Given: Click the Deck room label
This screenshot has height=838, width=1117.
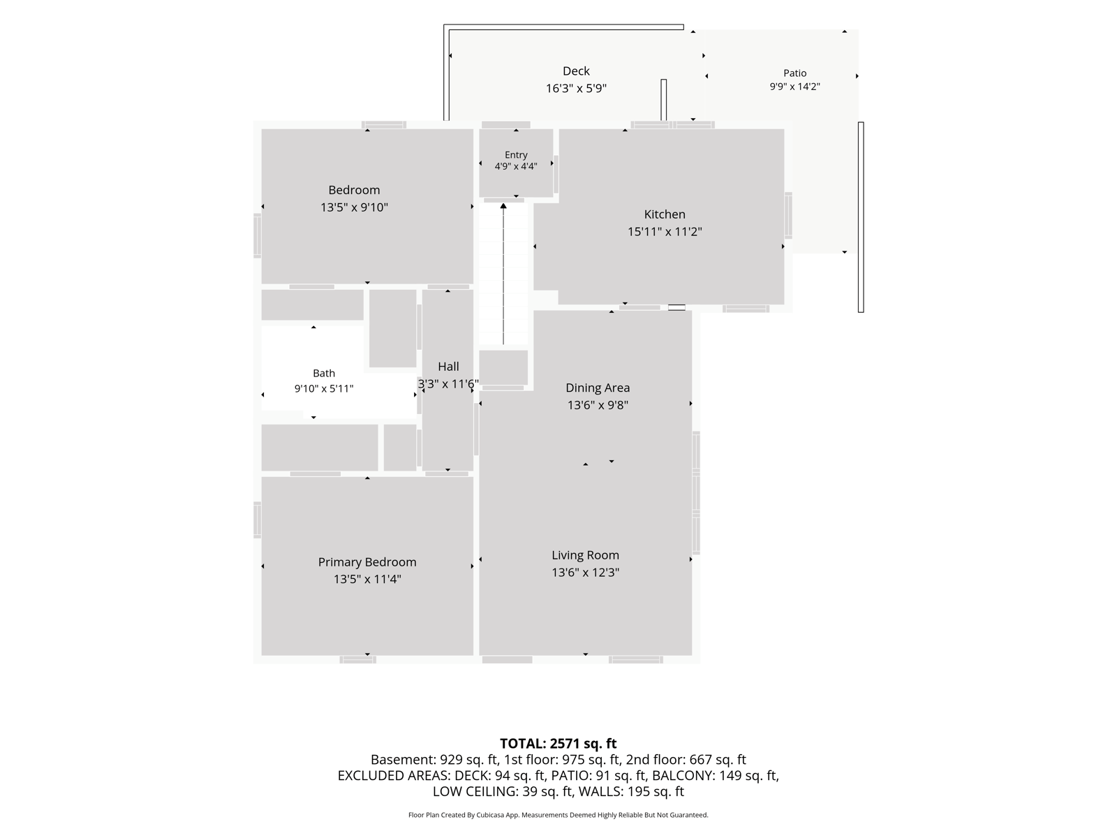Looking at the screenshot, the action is point(575,71).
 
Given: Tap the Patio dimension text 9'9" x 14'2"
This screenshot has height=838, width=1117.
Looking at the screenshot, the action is point(794,87).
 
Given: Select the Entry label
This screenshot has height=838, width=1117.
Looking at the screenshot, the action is point(515,154).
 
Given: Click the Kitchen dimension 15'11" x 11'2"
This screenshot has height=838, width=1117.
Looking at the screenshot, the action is point(664,232).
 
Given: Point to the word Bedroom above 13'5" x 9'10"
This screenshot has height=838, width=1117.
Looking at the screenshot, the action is point(354,190).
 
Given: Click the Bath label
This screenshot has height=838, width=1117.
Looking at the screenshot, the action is point(324,373).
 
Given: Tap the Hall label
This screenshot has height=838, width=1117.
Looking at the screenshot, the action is point(447,367).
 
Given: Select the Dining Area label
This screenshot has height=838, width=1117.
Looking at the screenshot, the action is point(598,388).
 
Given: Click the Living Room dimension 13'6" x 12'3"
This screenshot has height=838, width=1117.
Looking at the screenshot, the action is point(585,573).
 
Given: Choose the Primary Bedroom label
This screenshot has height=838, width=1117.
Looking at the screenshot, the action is point(367,561).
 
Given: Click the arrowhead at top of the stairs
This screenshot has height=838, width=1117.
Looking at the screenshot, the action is point(503,206).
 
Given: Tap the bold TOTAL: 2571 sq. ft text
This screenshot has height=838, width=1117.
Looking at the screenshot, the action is point(558,743).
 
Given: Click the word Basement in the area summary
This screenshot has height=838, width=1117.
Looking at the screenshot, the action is point(403,759).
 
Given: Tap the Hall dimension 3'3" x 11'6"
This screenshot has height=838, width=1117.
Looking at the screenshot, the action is point(447,383).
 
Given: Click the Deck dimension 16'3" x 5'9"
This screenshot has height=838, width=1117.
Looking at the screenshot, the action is point(576,89).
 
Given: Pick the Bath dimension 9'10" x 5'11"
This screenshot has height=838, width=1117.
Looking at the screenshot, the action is point(324,389).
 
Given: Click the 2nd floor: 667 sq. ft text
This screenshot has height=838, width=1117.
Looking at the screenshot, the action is point(686,759).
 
